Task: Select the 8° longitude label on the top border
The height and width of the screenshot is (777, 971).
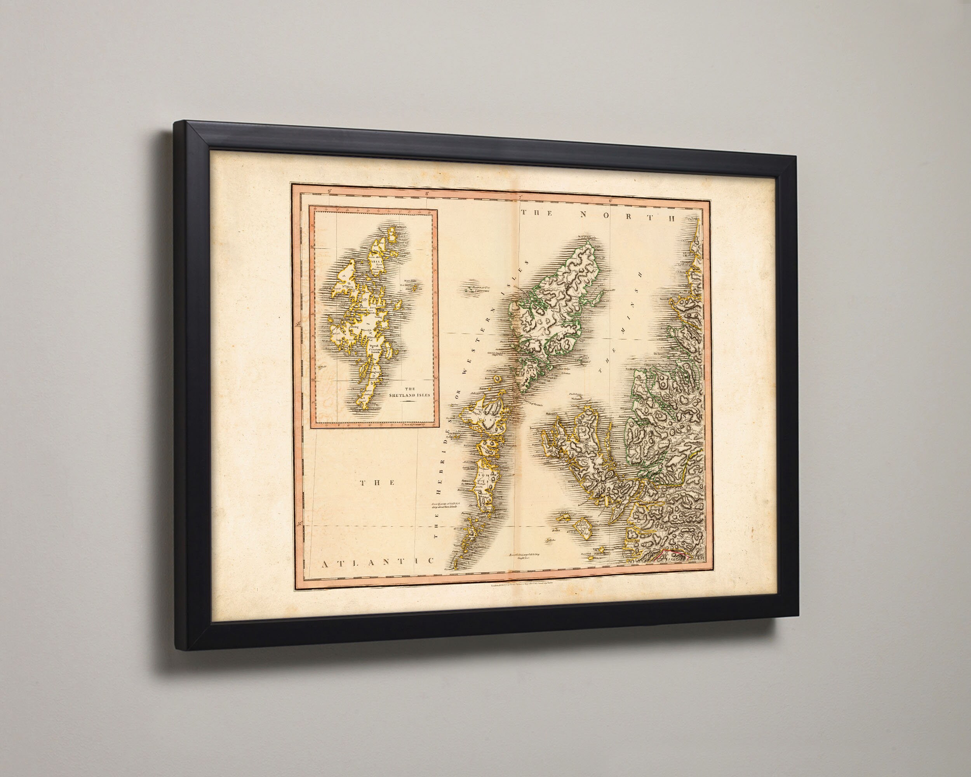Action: click(426, 194)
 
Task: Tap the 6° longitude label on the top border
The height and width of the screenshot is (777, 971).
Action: click(611, 201)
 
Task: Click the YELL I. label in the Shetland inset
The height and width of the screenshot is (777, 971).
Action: click(375, 261)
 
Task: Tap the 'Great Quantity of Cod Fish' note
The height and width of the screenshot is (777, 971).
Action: click(445, 505)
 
